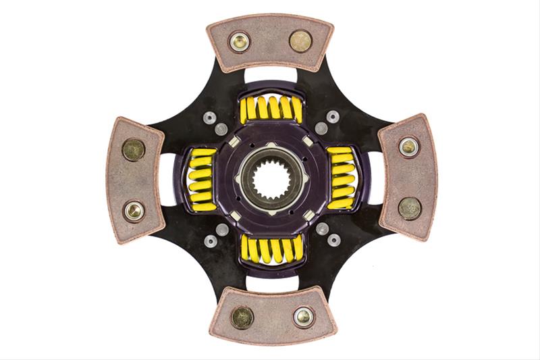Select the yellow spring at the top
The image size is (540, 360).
tap(271, 108)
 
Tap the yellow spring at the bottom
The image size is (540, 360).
tap(271, 249)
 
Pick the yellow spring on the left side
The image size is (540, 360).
tap(200, 179)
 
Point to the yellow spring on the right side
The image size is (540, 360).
tap(341, 179)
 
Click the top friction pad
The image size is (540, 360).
tap(270, 42)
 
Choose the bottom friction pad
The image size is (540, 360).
tap(270, 316)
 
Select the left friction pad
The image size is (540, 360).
tap(135, 180)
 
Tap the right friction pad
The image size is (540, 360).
tap(406, 177)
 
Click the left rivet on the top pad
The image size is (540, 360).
tap(239, 42)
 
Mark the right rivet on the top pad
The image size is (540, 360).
tap(300, 41)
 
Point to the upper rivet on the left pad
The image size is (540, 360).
tap(133, 149)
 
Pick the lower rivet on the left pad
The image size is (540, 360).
tap(134, 211)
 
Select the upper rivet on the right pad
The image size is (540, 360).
tap(408, 147)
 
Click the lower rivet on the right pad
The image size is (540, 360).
tap(409, 208)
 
